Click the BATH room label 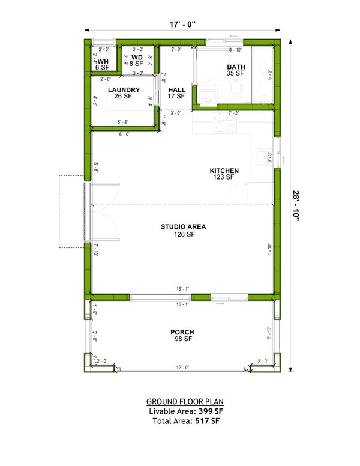tap(236, 67)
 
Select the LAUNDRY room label tap(124, 91)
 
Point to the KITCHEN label tap(224, 171)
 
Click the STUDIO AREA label tap(184, 226)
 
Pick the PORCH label tap(182, 332)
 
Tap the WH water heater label tap(103, 62)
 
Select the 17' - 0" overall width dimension tap(182, 24)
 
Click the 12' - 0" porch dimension tap(182, 368)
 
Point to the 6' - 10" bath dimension tap(235, 49)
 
